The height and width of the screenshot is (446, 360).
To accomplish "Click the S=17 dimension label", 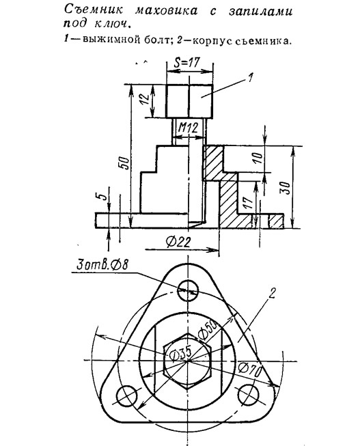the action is [x=187, y=63].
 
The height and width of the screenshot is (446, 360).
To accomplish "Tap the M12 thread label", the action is [x=188, y=128].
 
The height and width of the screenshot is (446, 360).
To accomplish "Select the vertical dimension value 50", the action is [x=125, y=163].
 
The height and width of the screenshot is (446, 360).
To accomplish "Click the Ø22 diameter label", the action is [x=178, y=242].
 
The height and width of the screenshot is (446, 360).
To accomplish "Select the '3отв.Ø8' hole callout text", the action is [x=102, y=265].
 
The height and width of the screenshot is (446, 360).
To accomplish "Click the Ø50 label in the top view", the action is [x=208, y=331].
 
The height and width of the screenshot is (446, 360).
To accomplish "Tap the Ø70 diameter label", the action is [x=249, y=370].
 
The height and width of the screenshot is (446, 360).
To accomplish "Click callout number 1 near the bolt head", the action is [x=249, y=78].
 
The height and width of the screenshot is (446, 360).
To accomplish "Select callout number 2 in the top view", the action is [x=273, y=293].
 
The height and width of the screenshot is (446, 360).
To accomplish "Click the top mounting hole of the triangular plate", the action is [x=188, y=290].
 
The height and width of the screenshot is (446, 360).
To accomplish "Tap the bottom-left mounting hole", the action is [x=126, y=395].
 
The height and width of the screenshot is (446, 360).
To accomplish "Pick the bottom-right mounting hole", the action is [x=249, y=395].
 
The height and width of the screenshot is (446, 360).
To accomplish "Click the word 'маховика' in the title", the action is [x=167, y=10].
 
